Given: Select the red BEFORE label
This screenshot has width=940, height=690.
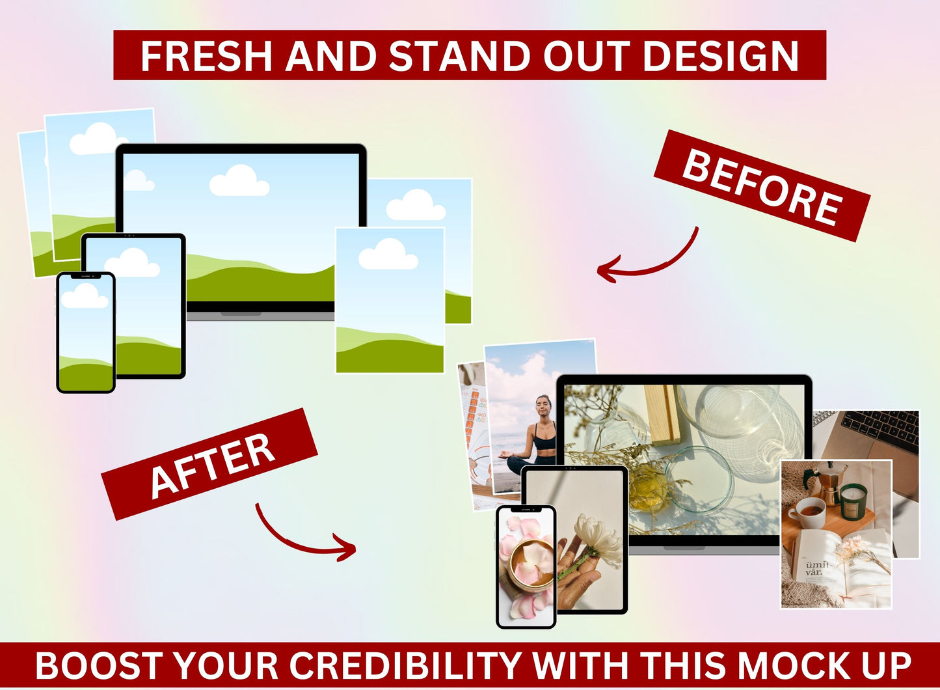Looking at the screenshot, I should coord(762,186).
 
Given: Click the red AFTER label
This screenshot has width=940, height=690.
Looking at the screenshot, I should coord(210,464).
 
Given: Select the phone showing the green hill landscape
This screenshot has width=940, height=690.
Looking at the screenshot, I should coord(85,332).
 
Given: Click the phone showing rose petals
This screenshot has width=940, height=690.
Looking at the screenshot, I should coord(526,566).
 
